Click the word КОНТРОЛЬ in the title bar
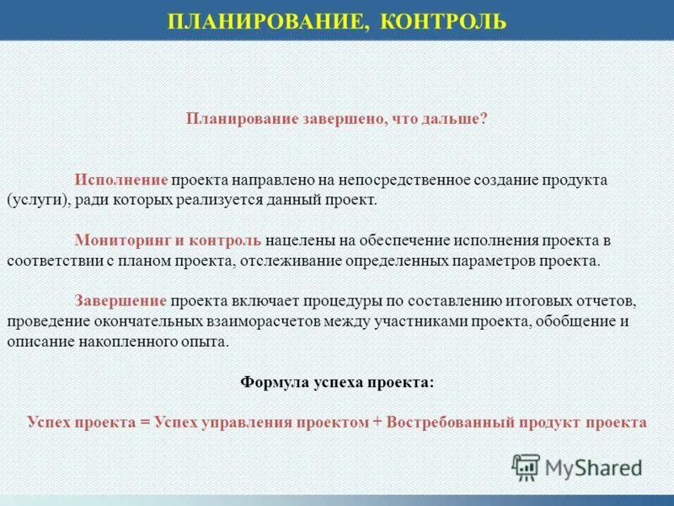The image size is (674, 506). pos(443,20)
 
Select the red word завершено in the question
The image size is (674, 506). pos(342,120)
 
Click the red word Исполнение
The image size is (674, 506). pos(122,181)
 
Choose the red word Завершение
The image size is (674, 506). pos(121,300)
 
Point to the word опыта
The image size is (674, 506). pos(206,342)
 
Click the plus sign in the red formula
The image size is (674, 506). pos(376,423)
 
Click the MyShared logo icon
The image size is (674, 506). pos(526,466)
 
